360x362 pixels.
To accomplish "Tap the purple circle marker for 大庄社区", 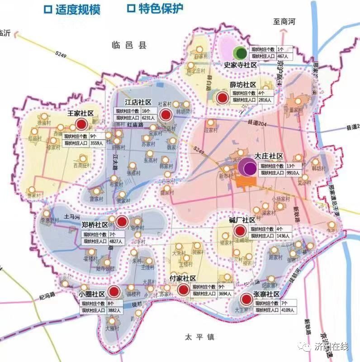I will pos(248,168).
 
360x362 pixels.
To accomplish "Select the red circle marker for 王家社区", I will pos(81,124).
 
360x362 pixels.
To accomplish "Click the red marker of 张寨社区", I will pos(246,299).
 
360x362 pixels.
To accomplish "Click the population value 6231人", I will pos(148,118).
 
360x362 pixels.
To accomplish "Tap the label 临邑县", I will pos(130,45).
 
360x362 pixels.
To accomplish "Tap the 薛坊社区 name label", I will pos(243,85).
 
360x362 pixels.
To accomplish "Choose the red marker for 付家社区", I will pos(183,290).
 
